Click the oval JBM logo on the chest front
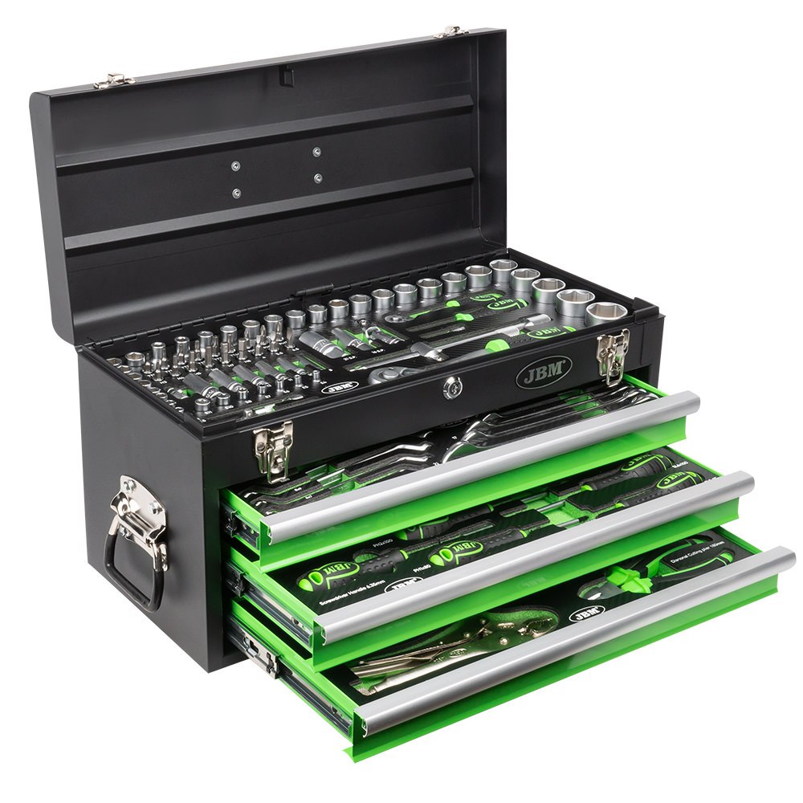pos(542,372)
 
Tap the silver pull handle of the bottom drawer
pos(578,634)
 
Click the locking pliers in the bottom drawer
pos(450,642)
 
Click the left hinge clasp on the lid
pos(113,80)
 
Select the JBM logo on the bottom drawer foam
pos(584,614)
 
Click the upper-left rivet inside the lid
pos(234,166)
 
